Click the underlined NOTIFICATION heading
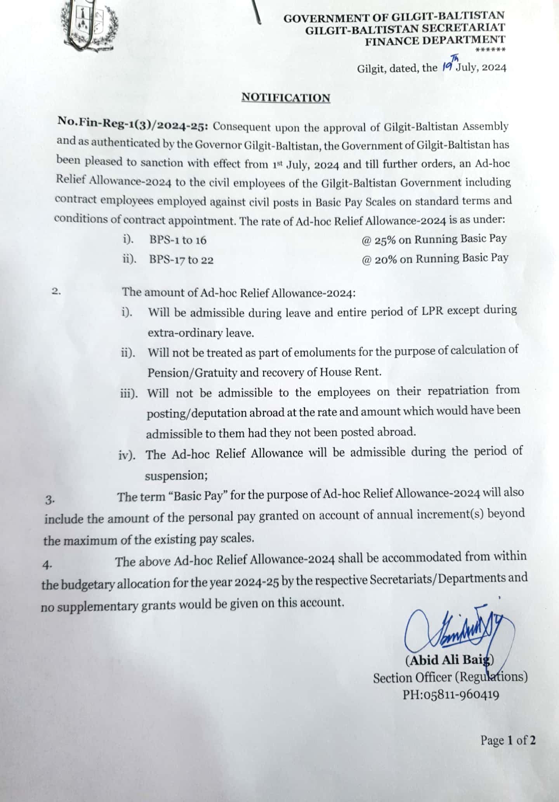tap(286, 97)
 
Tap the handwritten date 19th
tap(449, 66)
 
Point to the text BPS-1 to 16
tap(178, 240)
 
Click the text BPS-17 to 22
tap(181, 260)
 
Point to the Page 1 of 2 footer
tap(508, 740)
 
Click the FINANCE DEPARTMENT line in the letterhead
tap(435, 40)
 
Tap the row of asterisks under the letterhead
tap(490, 50)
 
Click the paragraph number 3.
tap(50, 500)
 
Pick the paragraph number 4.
tap(47, 566)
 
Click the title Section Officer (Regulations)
tap(450, 677)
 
